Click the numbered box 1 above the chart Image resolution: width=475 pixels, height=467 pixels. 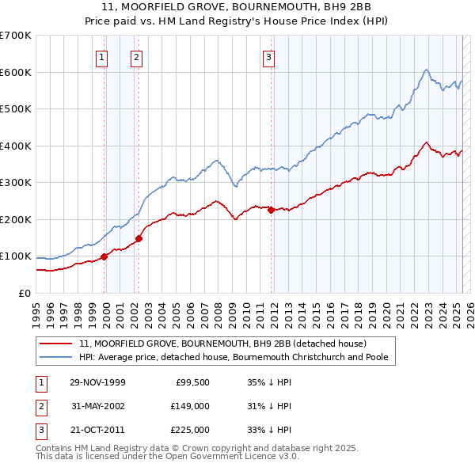coord(103,56)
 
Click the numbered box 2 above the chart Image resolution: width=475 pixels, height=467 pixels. coord(137,56)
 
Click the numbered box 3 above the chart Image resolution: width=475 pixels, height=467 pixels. coord(268,56)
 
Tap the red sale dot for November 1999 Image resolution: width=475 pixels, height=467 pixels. coord(104,256)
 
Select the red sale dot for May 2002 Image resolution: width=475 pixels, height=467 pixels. coord(139,238)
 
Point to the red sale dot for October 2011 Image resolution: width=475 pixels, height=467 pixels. coord(271,210)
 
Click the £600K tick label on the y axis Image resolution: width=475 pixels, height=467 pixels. coord(16,72)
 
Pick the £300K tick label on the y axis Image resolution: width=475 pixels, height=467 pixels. coord(16,183)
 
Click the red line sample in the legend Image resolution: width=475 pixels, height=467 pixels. coord(56,344)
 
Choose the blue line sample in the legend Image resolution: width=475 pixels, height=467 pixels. coord(56,357)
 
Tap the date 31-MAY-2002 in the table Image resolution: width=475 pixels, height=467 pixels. coord(97,406)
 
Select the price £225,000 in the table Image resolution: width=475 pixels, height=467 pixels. coord(191,430)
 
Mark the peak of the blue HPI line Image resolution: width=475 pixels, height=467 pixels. coord(426,70)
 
